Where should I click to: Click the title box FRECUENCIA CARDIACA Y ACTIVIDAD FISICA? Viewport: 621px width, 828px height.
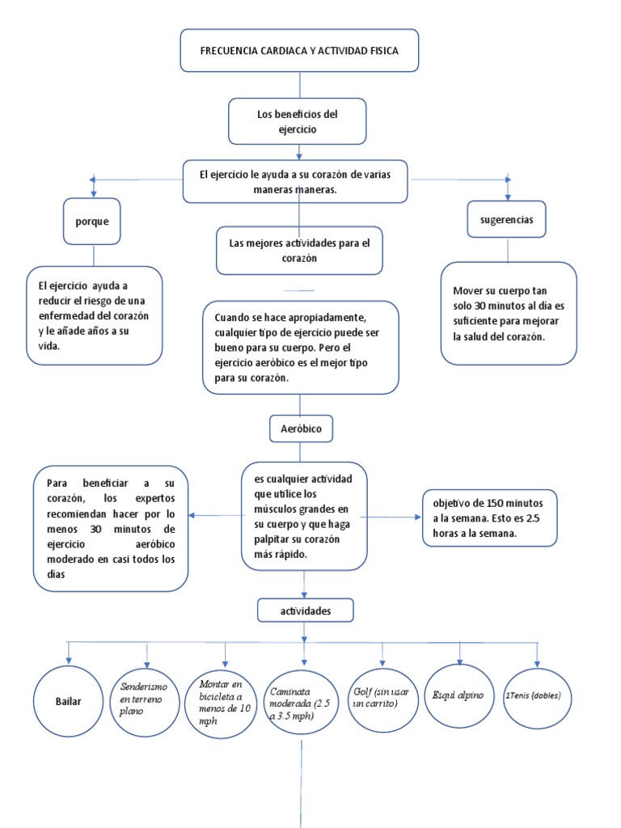click(299, 50)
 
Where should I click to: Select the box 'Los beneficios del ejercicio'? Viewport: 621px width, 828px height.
click(298, 121)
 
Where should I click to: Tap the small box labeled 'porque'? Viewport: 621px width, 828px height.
click(94, 222)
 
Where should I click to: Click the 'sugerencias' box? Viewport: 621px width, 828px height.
click(506, 219)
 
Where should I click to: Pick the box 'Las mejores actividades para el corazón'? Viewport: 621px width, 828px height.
click(299, 250)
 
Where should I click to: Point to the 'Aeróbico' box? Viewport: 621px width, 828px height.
click(301, 429)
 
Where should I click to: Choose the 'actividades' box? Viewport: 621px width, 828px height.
click(305, 611)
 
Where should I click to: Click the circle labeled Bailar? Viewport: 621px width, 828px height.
click(69, 701)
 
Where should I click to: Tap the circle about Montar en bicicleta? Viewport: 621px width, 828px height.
click(224, 697)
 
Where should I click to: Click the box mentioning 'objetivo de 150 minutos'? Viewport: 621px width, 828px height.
click(489, 517)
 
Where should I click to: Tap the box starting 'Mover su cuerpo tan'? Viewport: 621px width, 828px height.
click(508, 313)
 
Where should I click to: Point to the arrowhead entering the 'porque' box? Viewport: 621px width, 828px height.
click(94, 194)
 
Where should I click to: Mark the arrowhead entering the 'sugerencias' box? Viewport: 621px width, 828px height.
click(508, 196)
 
